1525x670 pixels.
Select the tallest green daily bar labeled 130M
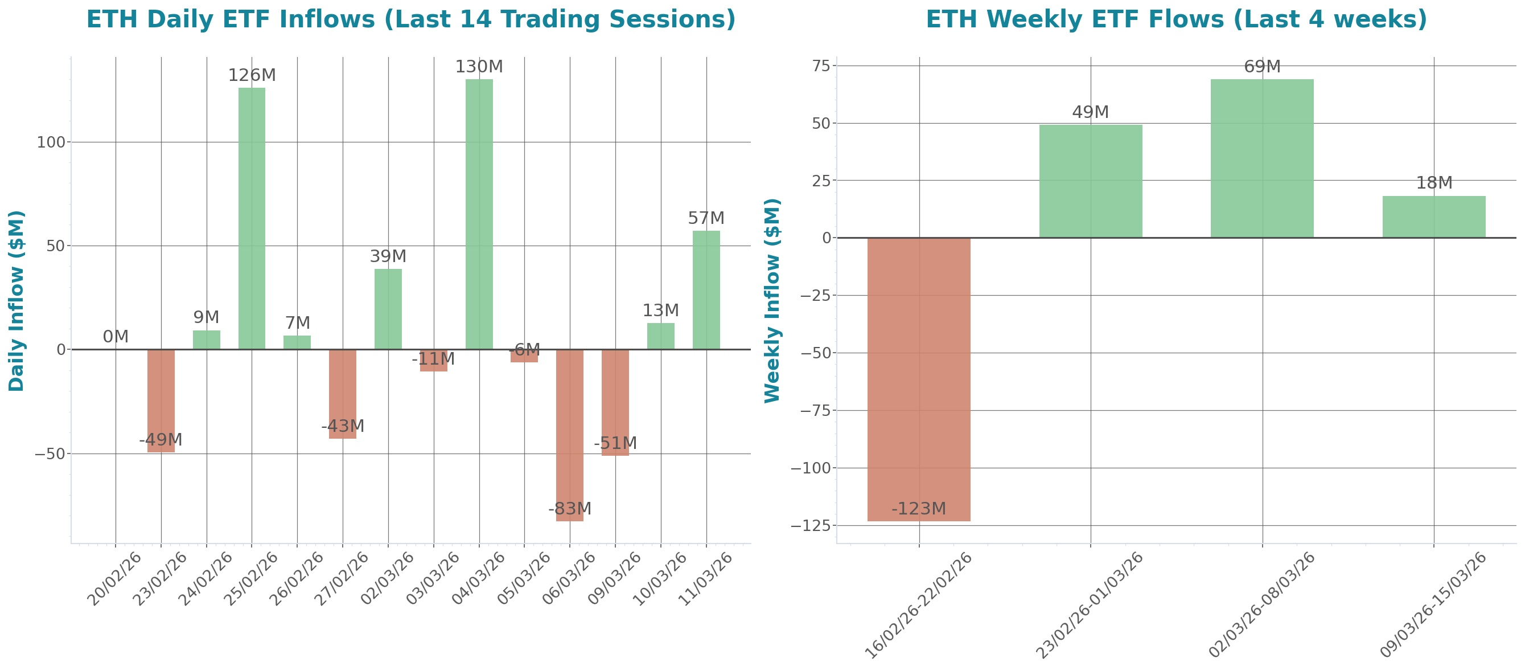tap(479, 214)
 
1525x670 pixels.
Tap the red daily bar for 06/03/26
tap(569, 435)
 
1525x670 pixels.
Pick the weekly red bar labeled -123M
tap(919, 379)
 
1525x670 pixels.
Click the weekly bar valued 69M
tap(1262, 158)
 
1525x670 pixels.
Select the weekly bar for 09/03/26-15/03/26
tap(1434, 217)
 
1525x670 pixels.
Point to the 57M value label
tap(706, 218)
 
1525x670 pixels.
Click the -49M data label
tap(161, 440)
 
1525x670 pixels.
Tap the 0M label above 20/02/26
tap(116, 337)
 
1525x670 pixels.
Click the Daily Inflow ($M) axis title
tap(17, 300)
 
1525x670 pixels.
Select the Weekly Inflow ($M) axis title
tap(772, 300)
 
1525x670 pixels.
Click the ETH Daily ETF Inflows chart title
tap(410, 19)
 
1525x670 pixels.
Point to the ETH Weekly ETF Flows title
tap(1175, 19)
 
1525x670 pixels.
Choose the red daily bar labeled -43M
tap(343, 394)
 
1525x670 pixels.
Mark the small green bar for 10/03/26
tap(661, 336)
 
